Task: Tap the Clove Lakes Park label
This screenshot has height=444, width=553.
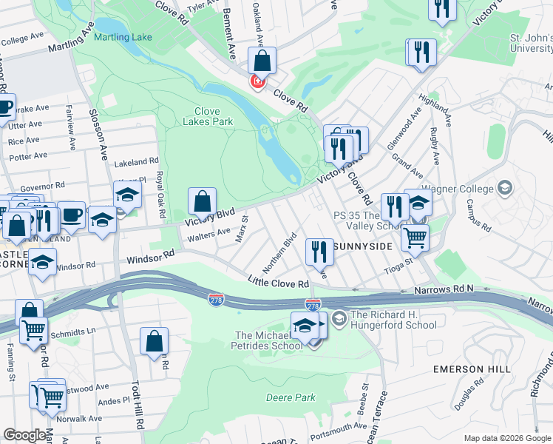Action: point(208,116)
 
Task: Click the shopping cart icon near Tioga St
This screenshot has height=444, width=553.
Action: point(415,238)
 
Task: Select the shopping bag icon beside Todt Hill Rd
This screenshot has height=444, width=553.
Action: point(155,341)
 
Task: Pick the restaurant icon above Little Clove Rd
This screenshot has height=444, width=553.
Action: point(319,252)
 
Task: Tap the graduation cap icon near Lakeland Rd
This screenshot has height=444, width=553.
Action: point(128,195)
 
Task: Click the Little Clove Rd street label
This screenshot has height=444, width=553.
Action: point(278,283)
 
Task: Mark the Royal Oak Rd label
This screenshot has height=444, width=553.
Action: point(160,195)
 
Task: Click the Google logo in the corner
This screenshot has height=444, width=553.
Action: point(24,435)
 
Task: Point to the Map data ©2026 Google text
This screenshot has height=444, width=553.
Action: point(506,438)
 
